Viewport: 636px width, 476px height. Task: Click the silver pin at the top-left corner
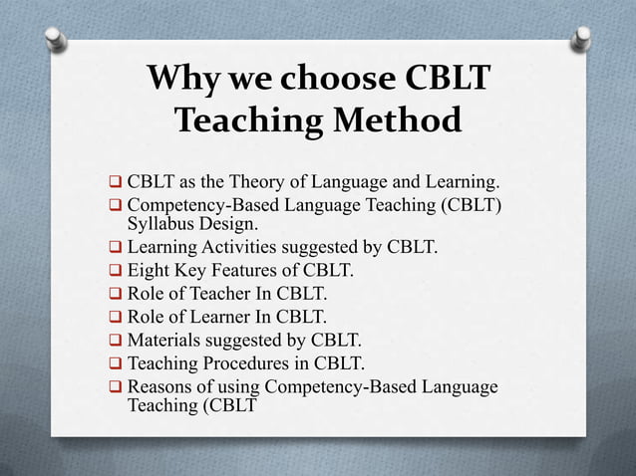pyautogui.click(x=58, y=39)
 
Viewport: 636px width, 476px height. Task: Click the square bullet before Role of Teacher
pyautogui.click(x=115, y=294)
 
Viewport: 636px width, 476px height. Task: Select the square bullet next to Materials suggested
pyautogui.click(x=115, y=341)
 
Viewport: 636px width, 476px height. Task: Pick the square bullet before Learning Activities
pyautogui.click(x=115, y=247)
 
